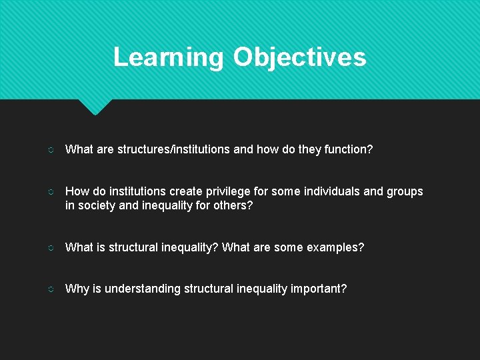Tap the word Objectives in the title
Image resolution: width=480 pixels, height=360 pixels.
(x=299, y=57)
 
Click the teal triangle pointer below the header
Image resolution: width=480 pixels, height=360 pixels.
(x=95, y=106)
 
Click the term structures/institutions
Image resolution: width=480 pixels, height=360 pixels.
(x=174, y=149)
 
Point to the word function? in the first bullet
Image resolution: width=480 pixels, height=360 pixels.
(x=349, y=149)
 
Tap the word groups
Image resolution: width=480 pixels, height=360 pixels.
(x=405, y=191)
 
